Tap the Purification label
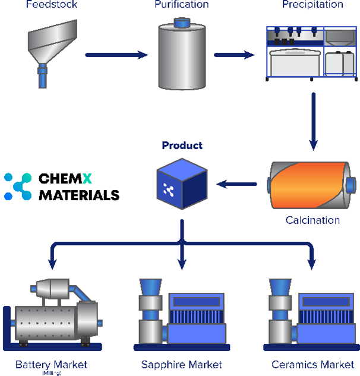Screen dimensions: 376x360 [x=182, y=5]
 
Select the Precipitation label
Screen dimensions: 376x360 [x=312, y=5]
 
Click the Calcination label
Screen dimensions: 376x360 [x=312, y=220]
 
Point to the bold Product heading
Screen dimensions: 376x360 [x=182, y=146]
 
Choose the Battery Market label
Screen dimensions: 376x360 [x=51, y=364]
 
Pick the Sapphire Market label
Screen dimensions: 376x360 [x=182, y=364]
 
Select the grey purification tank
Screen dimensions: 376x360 [x=181, y=58]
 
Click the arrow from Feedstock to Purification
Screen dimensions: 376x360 [x=116, y=55]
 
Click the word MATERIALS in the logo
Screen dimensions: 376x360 [x=79, y=195]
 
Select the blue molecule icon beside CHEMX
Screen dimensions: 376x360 [x=17, y=186]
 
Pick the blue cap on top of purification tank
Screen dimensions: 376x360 [x=182, y=23]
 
